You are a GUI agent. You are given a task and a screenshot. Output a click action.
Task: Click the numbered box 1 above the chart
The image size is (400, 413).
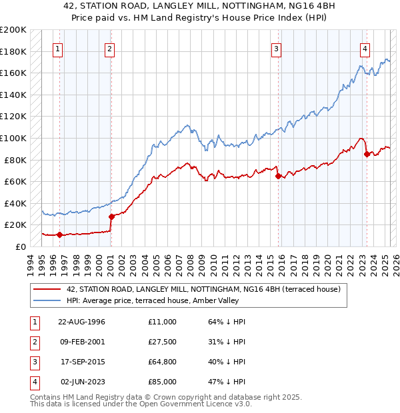[x=59, y=48]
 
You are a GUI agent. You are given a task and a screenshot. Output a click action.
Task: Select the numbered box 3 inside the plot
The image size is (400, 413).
[x=276, y=48]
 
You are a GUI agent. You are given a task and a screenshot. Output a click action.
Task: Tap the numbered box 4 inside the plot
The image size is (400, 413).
[x=365, y=48]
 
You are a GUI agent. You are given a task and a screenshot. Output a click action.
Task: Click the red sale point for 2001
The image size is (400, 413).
[x=111, y=216]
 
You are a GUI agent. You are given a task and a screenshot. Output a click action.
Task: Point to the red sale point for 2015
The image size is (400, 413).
[x=278, y=176]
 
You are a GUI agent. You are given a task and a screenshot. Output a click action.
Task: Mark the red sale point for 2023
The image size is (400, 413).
[x=367, y=154]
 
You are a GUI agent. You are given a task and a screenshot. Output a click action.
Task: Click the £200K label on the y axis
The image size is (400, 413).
[x=13, y=30]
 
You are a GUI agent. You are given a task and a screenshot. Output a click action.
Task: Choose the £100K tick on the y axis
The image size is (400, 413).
[x=13, y=138]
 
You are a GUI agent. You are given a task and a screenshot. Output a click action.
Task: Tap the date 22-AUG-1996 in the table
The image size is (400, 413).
[x=81, y=322]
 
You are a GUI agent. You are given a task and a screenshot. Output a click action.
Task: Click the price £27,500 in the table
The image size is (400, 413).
[x=163, y=342]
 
